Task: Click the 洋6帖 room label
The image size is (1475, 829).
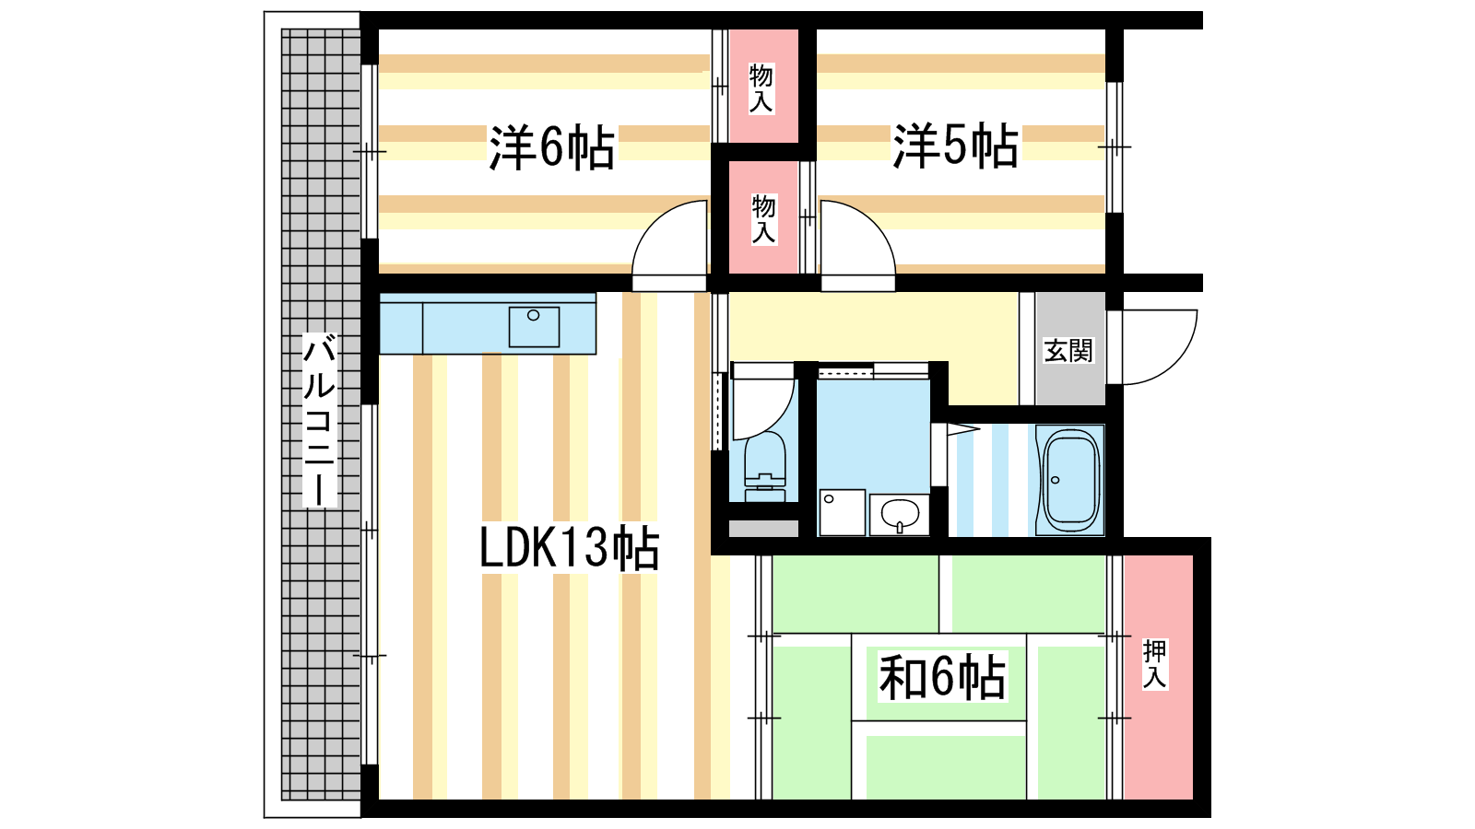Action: point(552,146)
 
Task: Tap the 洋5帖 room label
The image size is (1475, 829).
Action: point(955,146)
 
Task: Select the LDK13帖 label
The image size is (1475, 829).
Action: point(569,547)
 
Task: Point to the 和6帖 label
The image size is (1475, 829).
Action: point(942,677)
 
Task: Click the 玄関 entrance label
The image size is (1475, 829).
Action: point(1068,351)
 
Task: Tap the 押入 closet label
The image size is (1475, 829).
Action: point(1154,664)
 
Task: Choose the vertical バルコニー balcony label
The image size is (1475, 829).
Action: point(319,420)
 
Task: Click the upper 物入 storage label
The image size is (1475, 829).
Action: point(761,88)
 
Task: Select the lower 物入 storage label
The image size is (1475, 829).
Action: point(763,219)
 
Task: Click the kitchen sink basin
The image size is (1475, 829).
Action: point(534,327)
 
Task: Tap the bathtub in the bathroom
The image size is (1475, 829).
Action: point(1071,480)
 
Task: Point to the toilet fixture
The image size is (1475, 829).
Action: point(765,466)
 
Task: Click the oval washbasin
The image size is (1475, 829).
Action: point(900,514)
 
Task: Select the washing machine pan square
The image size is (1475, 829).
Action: point(843,512)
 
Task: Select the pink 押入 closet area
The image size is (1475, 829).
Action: point(1158,677)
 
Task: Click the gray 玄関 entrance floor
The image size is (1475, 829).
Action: point(1070,349)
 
